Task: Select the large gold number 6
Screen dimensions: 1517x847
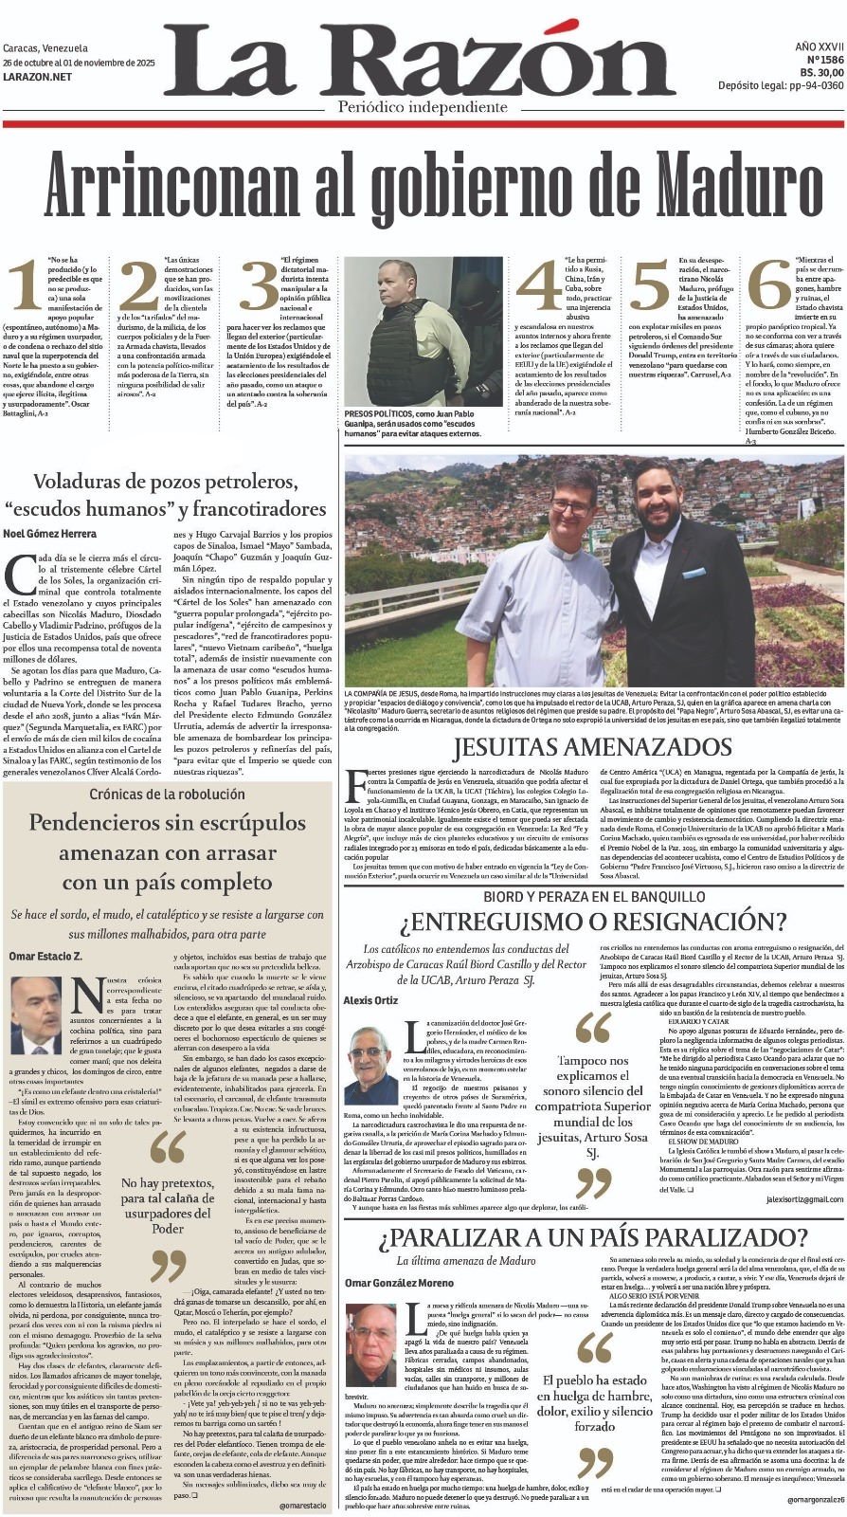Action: click(769, 284)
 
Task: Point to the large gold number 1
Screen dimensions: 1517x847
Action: click(23, 284)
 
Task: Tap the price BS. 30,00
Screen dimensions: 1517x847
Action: click(820, 71)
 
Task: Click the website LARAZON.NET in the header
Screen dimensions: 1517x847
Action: click(37, 76)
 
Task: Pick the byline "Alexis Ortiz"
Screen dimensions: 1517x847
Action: click(369, 1001)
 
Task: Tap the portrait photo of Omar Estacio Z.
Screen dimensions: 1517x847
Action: click(36, 1015)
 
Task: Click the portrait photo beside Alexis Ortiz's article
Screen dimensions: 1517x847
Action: click(371, 1065)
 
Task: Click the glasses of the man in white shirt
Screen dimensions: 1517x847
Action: click(570, 507)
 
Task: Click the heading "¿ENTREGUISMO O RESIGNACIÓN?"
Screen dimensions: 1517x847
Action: click(592, 921)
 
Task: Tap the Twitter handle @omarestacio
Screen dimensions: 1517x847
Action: click(303, 1506)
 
